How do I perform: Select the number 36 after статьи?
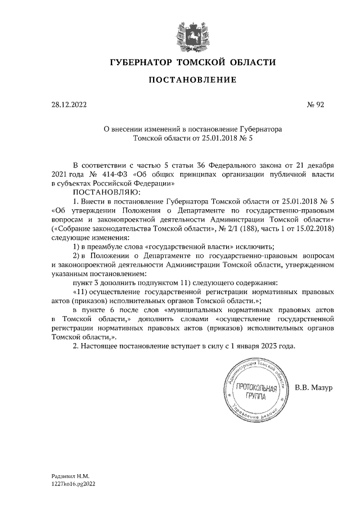pos(200,166)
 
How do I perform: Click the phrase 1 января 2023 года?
pos(259,345)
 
